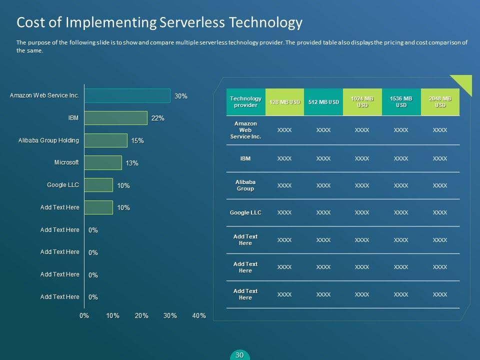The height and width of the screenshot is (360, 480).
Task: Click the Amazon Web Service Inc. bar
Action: (x=127, y=95)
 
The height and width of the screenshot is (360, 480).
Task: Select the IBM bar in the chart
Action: (x=115, y=118)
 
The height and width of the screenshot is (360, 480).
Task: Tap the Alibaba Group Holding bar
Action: (x=105, y=140)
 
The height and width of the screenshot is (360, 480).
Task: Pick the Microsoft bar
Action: (x=102, y=162)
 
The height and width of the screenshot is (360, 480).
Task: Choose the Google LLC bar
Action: (x=98, y=185)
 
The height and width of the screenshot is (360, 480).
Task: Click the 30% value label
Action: (x=181, y=96)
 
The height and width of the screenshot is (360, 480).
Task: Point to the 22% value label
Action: (x=158, y=118)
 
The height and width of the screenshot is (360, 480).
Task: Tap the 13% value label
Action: (x=132, y=163)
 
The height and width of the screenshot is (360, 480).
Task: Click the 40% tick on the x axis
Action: (x=199, y=315)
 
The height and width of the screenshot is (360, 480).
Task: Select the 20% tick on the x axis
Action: (x=141, y=315)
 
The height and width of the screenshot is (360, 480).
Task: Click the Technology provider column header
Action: (x=245, y=102)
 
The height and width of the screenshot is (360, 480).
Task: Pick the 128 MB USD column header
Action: (x=284, y=102)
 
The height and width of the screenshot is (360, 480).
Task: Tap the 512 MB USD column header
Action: (x=323, y=102)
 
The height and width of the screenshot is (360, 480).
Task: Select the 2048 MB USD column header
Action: (x=440, y=102)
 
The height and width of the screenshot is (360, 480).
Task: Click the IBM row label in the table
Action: (x=245, y=158)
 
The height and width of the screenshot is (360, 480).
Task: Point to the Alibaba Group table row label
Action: (x=245, y=185)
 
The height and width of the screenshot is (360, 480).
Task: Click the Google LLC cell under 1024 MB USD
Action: (x=362, y=212)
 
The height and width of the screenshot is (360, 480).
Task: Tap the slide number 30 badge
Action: (x=239, y=355)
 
